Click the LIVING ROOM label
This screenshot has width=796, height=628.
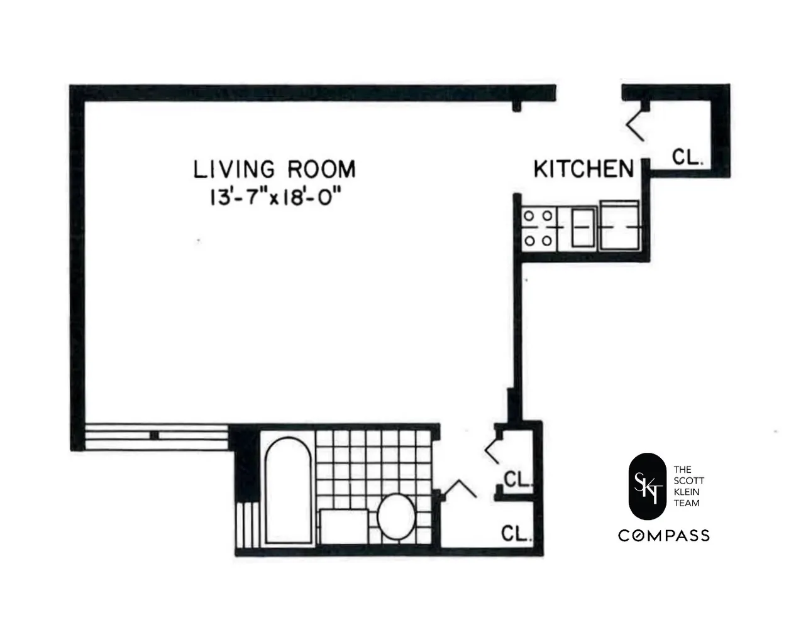[x=274, y=170]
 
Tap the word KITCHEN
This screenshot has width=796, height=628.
[x=583, y=169]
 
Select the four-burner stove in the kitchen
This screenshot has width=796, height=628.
[x=538, y=229]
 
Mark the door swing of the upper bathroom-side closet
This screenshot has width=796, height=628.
[x=492, y=448]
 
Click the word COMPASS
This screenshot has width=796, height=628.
[x=663, y=536]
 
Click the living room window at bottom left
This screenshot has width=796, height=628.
[x=155, y=435]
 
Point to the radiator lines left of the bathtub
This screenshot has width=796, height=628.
[x=248, y=526]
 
